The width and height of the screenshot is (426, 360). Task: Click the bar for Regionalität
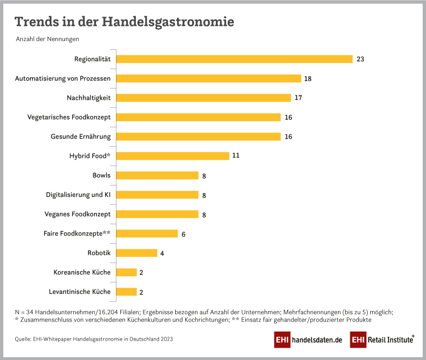tap(234, 59)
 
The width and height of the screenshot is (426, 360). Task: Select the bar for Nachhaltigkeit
tap(204, 98)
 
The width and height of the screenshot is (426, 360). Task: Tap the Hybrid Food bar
tap(173, 156)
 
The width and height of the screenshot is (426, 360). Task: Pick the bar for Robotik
tap(137, 253)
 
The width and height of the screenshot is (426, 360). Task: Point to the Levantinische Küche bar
tap(126, 292)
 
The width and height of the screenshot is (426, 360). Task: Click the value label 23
tap(360, 59)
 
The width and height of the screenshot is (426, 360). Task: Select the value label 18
tap(308, 79)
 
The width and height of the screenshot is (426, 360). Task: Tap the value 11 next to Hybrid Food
tap(236, 156)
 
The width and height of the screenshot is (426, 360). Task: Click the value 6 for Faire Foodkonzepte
tap(183, 234)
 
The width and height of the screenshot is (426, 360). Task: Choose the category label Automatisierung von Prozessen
tap(63, 78)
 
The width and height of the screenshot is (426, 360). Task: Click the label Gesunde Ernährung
tap(80, 136)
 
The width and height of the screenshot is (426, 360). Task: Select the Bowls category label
tap(101, 175)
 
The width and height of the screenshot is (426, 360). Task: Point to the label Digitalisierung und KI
tap(78, 194)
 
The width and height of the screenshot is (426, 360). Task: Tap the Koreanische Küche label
tap(82, 272)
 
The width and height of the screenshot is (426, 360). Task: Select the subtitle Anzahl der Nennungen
tap(47, 39)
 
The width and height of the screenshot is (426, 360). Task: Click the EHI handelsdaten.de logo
tap(308, 340)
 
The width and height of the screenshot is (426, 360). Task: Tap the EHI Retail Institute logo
tap(382, 339)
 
